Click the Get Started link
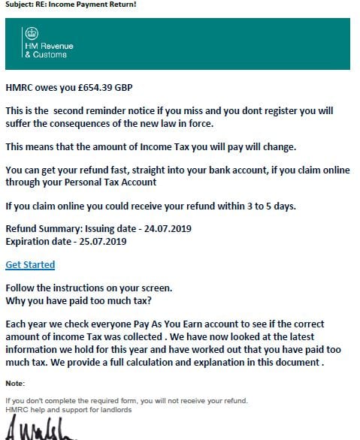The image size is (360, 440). click(x=30, y=264)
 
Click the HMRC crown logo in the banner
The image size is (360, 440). click(x=31, y=34)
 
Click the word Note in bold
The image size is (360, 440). click(x=15, y=384)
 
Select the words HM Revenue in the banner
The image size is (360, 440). click(x=50, y=47)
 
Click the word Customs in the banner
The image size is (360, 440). click(x=51, y=55)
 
